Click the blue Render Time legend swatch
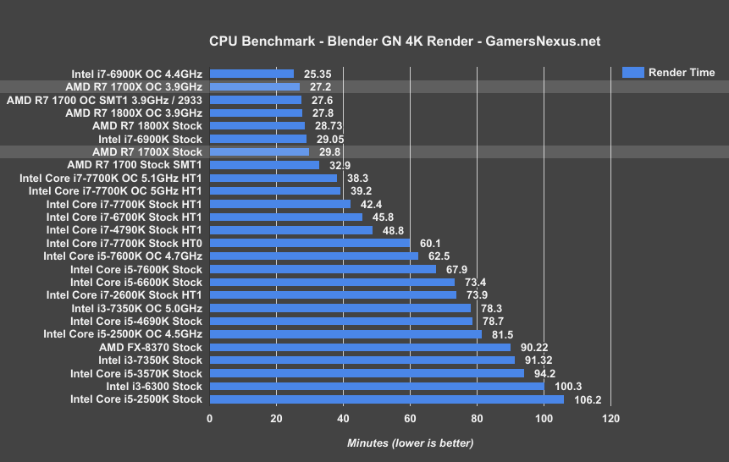tap(632, 72)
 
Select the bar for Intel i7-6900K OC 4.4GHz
tap(251, 74)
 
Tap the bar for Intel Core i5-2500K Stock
tap(386, 399)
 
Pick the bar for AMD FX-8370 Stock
tap(360, 347)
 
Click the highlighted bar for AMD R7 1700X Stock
tap(259, 151)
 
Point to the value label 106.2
tap(587, 399)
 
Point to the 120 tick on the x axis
tap(610, 419)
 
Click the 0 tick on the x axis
tap(210, 419)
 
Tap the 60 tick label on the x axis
tap(410, 419)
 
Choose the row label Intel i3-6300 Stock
tap(154, 386)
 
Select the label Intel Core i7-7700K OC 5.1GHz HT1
tap(111, 178)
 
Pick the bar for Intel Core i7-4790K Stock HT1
tap(291, 230)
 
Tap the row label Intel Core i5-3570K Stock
tap(136, 373)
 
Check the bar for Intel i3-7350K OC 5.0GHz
tap(340, 308)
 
